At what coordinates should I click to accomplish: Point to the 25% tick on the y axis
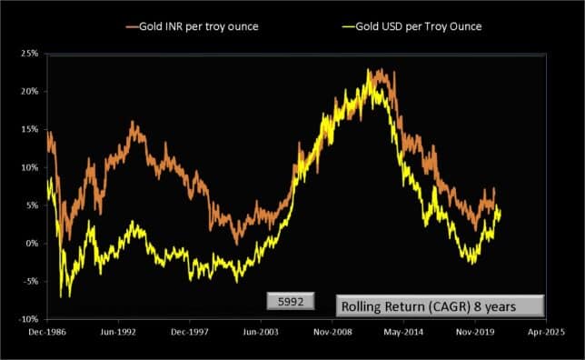click(x=29, y=55)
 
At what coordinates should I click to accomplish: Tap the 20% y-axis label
click(x=29, y=92)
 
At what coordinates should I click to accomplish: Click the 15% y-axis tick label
click(x=29, y=130)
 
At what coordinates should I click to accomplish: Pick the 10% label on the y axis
click(x=29, y=168)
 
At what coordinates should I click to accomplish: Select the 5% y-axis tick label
click(x=32, y=205)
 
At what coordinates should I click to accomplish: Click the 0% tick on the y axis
click(x=32, y=244)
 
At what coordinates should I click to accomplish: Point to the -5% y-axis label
click(x=30, y=282)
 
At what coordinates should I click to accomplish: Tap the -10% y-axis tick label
click(x=28, y=320)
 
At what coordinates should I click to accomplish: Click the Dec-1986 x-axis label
click(x=46, y=335)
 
